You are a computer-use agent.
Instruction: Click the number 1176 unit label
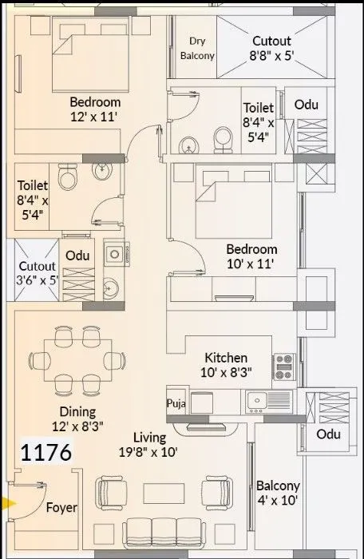tap(45, 453)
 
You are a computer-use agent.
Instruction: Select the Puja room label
tap(176, 404)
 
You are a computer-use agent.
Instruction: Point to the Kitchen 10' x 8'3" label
tap(226, 365)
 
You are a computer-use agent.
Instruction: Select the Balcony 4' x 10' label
tap(278, 494)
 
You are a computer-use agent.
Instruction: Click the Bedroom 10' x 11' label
tap(251, 257)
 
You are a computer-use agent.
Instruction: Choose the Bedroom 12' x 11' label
tap(95, 109)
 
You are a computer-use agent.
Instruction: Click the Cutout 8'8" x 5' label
tap(271, 49)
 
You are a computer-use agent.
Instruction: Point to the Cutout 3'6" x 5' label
tap(38, 273)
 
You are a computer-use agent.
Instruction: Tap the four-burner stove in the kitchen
tap(284, 367)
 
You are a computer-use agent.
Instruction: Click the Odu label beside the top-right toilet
tap(307, 105)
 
